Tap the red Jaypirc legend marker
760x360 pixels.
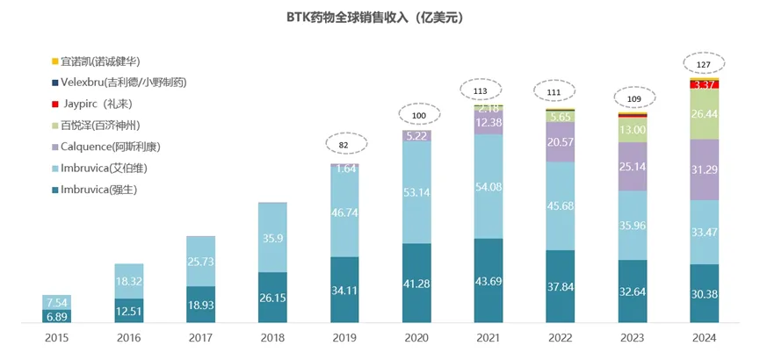(54, 104)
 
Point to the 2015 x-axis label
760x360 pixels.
(57, 339)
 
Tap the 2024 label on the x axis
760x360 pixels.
(705, 339)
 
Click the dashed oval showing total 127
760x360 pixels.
(705, 64)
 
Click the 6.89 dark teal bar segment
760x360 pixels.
(57, 315)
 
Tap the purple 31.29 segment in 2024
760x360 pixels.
(705, 169)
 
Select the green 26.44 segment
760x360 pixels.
(705, 114)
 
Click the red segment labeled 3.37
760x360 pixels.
(705, 84)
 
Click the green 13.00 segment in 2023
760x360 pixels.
(633, 130)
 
